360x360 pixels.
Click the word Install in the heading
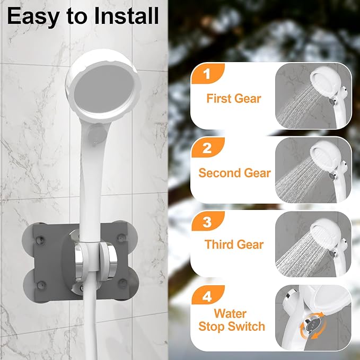127,15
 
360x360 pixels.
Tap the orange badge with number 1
207,74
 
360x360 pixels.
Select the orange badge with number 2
207,147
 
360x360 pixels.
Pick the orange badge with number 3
207,221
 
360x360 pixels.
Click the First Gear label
234,99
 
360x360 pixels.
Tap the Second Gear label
235,173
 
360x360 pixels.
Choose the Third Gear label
234,244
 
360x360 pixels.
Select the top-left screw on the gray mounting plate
40,240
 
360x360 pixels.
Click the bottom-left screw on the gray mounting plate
41,285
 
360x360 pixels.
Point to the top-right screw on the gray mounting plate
122,238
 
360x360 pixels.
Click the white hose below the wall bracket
91,321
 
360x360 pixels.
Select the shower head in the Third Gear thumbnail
326,232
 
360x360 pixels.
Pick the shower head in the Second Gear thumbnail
326,155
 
